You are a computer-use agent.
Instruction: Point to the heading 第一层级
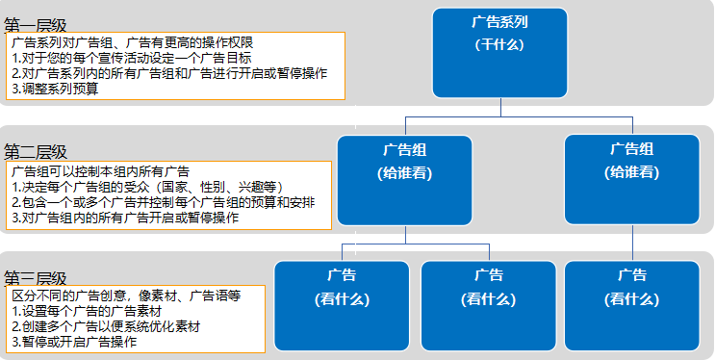(36, 26)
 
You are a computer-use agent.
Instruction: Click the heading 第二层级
(36, 152)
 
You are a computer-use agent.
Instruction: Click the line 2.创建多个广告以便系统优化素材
(106, 327)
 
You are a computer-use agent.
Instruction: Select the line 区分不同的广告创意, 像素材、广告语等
(126, 296)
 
